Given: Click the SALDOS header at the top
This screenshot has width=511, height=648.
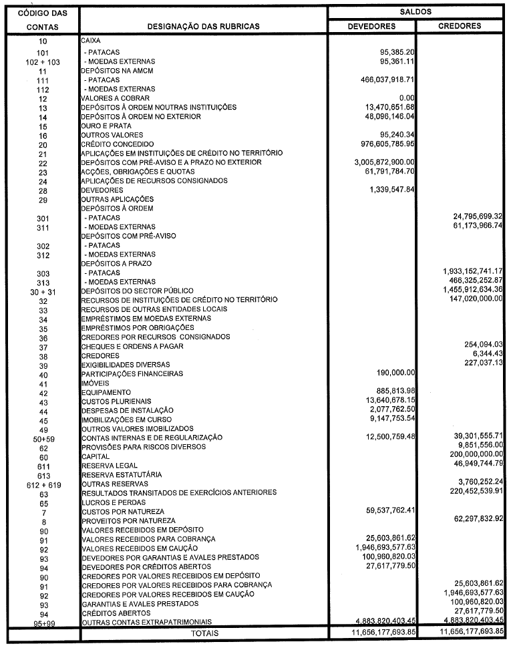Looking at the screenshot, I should [x=415, y=11].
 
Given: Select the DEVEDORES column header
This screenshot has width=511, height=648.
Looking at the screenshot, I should [x=372, y=27].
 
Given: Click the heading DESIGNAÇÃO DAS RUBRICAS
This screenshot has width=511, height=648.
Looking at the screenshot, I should [x=204, y=27].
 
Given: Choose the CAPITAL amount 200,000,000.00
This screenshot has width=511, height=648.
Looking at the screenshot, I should [x=472, y=453].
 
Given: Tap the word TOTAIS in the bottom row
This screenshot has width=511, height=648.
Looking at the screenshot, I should [x=204, y=632].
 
